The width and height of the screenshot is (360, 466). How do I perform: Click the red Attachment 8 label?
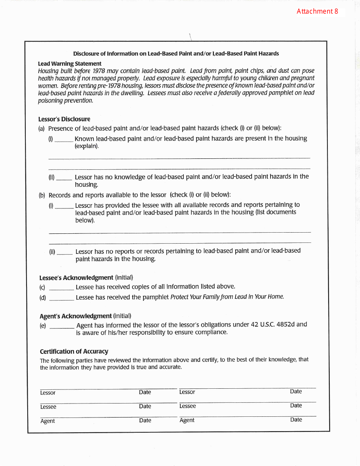point(317,11)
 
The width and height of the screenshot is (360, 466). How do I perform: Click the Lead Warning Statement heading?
point(69,64)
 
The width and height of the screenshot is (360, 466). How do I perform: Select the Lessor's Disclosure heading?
point(64,119)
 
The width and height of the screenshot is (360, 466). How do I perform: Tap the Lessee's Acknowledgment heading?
point(76,278)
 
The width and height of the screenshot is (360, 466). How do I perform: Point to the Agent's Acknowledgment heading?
point(75,316)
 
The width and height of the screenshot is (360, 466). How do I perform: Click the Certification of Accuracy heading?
point(74,352)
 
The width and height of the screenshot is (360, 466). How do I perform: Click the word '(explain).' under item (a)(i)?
point(86,146)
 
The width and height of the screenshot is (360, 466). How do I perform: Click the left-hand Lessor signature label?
point(48,393)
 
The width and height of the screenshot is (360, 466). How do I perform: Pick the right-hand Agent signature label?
point(187,420)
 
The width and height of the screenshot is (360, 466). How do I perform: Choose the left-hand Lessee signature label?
point(48,407)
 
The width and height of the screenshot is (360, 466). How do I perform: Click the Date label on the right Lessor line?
point(296,391)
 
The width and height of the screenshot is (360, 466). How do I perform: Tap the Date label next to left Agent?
point(145,421)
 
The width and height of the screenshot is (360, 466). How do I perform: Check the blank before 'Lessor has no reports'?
point(65,253)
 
